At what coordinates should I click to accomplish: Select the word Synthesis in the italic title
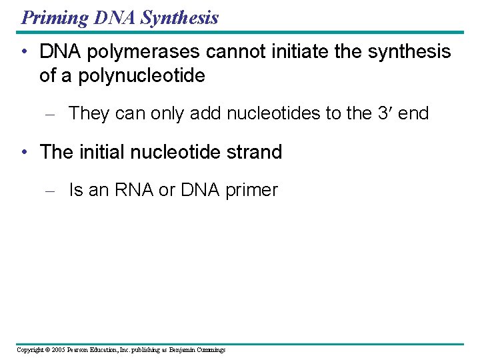[x=179, y=17]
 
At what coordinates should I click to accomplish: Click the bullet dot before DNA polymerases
[x=24, y=52]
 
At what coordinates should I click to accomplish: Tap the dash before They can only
[x=48, y=114]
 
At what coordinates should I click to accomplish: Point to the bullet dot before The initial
[x=24, y=152]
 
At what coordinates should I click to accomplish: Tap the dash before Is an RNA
[x=48, y=191]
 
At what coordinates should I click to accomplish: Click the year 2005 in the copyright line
[x=58, y=350]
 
